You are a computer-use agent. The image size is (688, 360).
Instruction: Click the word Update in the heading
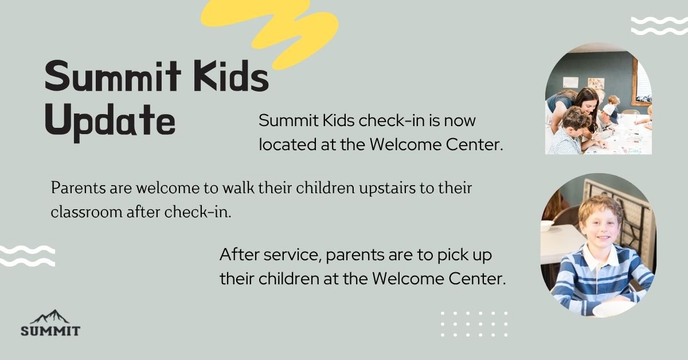110,122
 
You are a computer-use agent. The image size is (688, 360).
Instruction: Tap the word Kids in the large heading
232,76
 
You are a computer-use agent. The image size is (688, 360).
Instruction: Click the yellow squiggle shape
269,32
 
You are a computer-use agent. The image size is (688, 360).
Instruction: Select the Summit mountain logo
50,323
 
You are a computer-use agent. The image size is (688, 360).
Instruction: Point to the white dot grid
474,324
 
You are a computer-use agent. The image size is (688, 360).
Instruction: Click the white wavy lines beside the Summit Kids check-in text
659,26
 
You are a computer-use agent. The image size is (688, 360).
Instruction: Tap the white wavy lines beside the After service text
28,256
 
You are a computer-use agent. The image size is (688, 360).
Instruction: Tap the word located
287,144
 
